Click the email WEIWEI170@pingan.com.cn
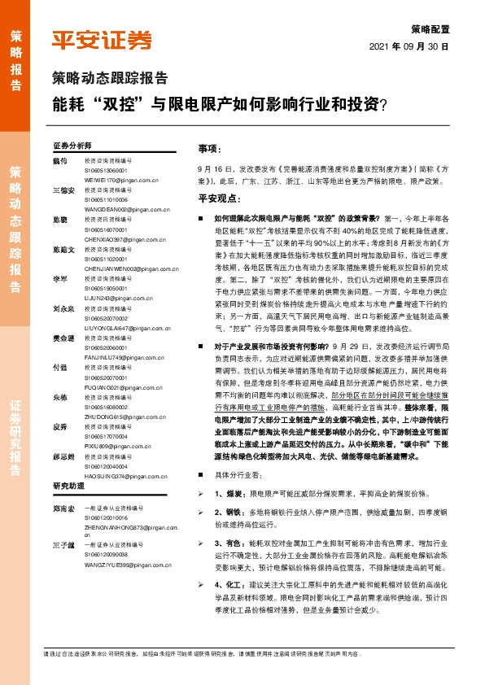pyautogui.click(x=120, y=179)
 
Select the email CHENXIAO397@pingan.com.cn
pyautogui.click(x=125, y=240)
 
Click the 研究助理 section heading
pyautogui.click(x=68, y=486)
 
